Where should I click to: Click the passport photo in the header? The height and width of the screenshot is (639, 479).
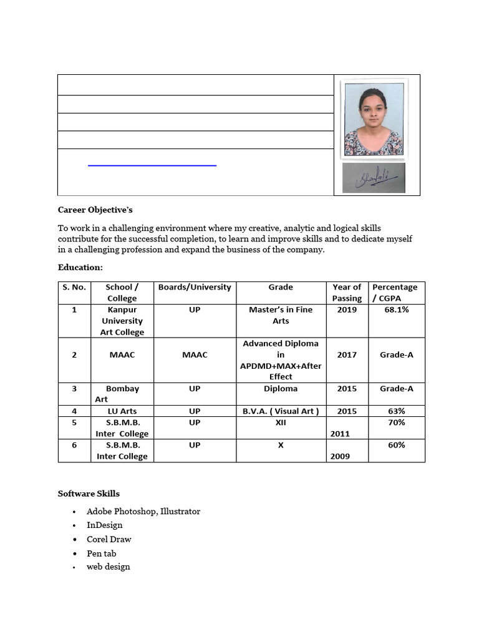[374, 119]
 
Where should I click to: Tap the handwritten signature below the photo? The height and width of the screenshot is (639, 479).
[374, 178]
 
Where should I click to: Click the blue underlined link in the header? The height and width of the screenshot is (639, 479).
[152, 165]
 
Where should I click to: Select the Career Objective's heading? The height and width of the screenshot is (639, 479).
[95, 210]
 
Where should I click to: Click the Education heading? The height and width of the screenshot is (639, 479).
[80, 266]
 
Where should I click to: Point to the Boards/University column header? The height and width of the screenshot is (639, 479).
[195, 287]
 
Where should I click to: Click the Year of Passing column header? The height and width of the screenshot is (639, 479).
[347, 293]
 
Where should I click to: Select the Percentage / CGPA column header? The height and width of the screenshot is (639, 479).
[395, 293]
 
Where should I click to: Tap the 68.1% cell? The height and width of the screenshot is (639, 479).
[395, 310]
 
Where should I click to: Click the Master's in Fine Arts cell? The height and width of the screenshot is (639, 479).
[281, 315]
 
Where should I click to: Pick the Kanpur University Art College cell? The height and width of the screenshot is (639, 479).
[122, 321]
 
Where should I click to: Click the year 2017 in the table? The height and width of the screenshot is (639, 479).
[347, 354]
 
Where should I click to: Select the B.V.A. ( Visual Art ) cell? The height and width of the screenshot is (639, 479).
[281, 411]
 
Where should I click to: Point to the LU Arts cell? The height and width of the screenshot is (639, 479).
[122, 411]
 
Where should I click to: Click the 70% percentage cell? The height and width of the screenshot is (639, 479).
[396, 422]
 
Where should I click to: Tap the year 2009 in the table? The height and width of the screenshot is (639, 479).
[340, 456]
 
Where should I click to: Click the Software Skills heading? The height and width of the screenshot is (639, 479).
[89, 493]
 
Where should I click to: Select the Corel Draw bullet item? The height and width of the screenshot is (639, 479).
[109, 539]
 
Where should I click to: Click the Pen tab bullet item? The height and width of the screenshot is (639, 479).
[102, 554]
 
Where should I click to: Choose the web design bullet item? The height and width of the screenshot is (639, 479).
[109, 567]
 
